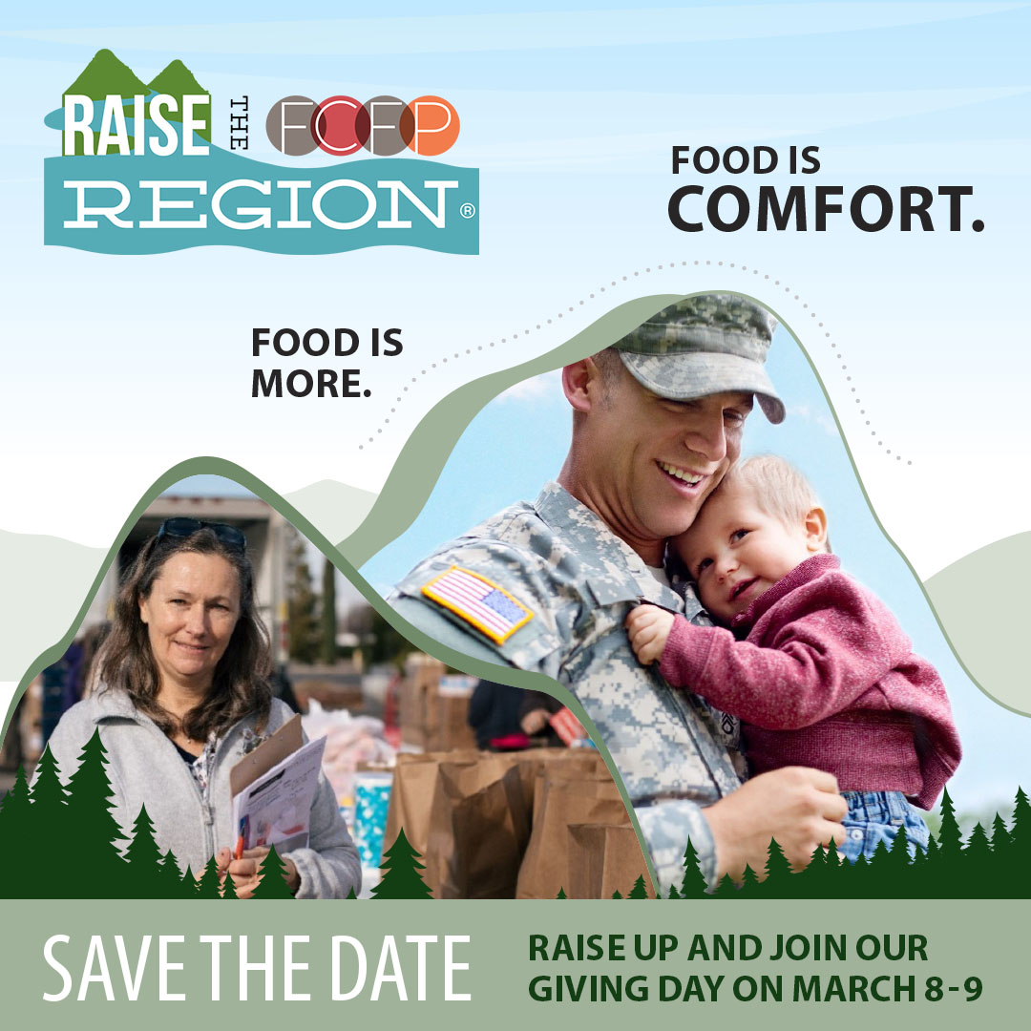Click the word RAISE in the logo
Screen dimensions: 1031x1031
coord(137,125)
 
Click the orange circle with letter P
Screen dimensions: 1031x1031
coord(430,125)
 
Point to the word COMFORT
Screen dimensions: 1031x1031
coord(826,209)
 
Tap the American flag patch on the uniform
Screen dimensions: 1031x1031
coord(477,604)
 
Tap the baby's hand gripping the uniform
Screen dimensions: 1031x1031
coord(650,633)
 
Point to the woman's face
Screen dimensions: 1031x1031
coord(189,614)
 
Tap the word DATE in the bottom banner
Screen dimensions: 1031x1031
coord(400,969)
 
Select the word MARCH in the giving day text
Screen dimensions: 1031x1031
coord(853,988)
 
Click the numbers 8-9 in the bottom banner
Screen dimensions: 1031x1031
coord(954,988)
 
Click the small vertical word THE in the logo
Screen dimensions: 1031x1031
coord(240,123)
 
